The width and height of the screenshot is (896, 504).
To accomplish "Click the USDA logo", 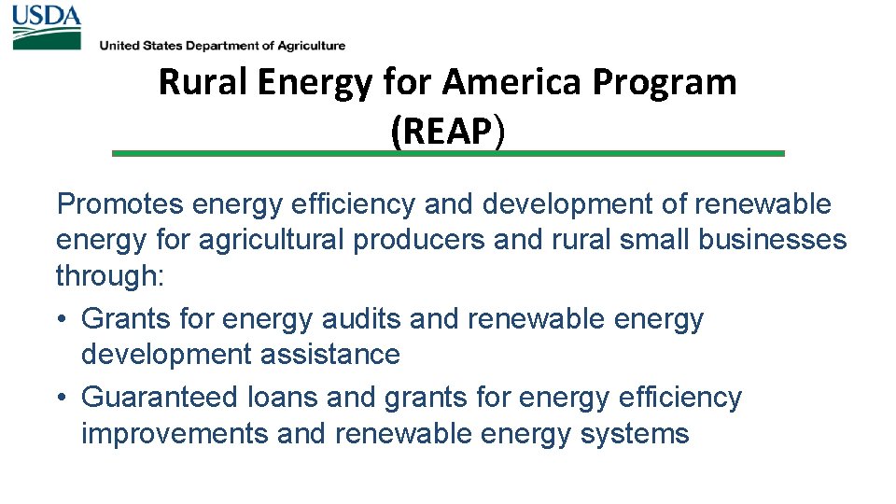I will pyautogui.click(x=47, y=27).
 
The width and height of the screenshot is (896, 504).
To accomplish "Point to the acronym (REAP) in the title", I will pyautogui.click(x=448, y=132).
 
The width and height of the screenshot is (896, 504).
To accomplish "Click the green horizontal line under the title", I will pyautogui.click(x=448, y=153).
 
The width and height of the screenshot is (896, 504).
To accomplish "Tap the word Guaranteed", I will pyautogui.click(x=161, y=398).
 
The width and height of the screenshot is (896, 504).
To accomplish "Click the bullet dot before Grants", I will pyautogui.click(x=62, y=320).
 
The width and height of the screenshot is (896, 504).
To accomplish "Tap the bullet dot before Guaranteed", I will pyautogui.click(x=62, y=399).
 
